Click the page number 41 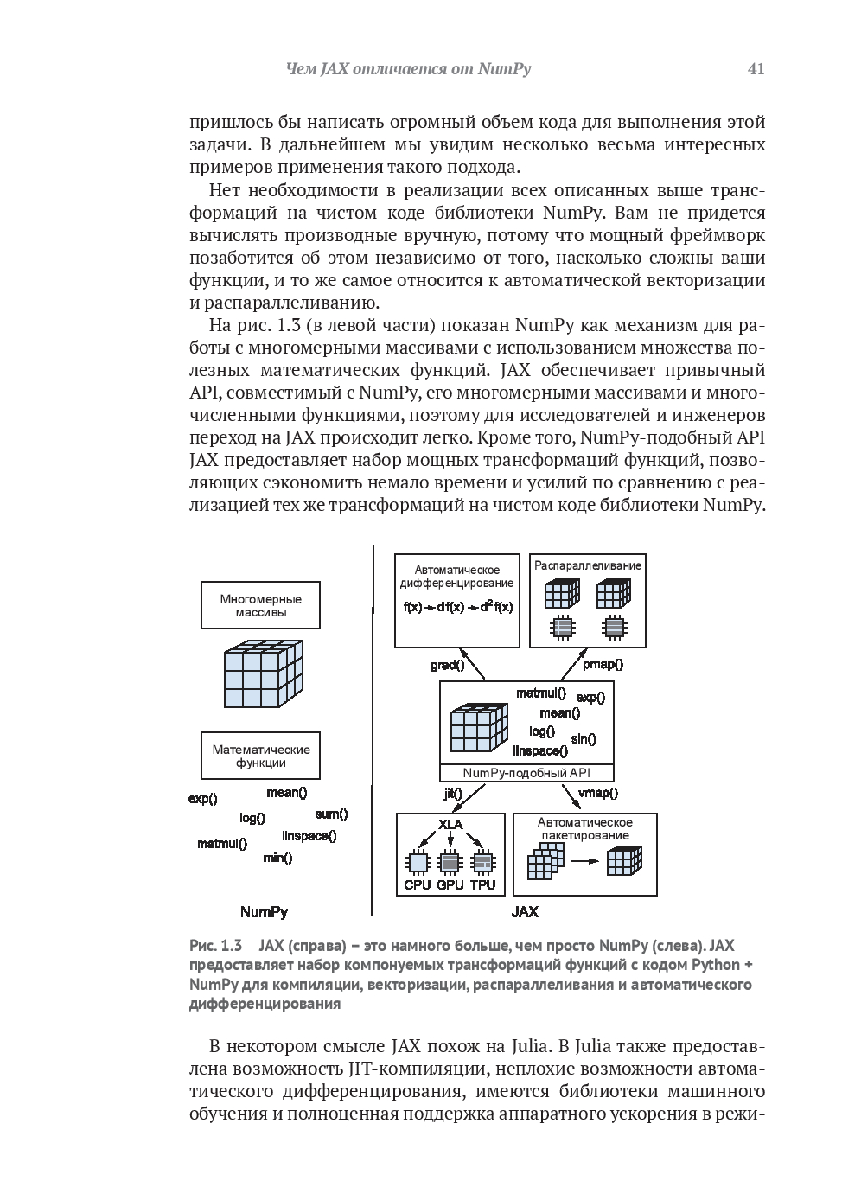(x=756, y=69)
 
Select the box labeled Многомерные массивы (x=260, y=605)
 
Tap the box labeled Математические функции (x=260, y=756)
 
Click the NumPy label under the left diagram (x=264, y=911)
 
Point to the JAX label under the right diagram (x=525, y=911)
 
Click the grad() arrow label (x=447, y=665)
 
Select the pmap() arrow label (x=603, y=665)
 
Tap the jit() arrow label (x=452, y=793)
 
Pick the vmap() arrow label (x=597, y=793)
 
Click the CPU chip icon (x=418, y=862)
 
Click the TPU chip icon (x=483, y=862)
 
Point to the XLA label (x=450, y=824)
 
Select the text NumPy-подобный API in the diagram (x=526, y=773)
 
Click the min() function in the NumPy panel (x=277, y=858)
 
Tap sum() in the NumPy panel (x=331, y=814)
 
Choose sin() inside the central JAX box (x=584, y=738)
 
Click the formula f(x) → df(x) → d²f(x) (x=458, y=607)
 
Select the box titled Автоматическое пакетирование (x=585, y=853)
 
